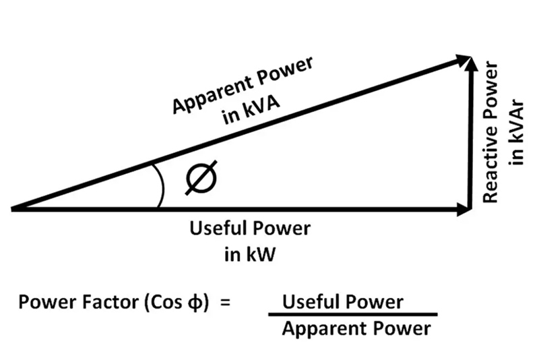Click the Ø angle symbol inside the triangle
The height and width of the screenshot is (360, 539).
click(201, 180)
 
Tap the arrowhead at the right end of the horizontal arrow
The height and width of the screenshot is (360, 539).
click(464, 210)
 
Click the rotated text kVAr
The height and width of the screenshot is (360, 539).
click(517, 144)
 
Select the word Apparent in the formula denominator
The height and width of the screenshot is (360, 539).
click(321, 329)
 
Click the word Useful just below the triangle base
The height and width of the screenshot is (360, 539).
click(218, 229)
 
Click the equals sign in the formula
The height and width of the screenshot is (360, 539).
click(225, 302)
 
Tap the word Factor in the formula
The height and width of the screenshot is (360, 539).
click(103, 302)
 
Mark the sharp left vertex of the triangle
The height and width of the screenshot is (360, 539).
click(13, 209)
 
